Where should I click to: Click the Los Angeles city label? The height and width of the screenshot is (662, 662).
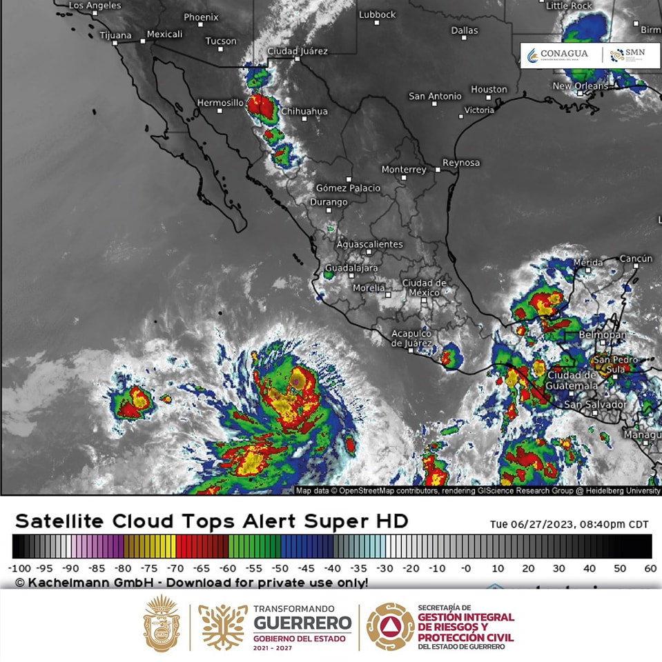click(x=95, y=6)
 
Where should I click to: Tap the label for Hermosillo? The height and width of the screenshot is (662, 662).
click(x=220, y=102)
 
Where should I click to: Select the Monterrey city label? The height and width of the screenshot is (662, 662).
click(x=404, y=170)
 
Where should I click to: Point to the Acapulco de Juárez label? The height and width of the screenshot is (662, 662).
click(x=411, y=338)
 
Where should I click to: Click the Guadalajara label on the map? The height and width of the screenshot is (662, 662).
click(x=351, y=268)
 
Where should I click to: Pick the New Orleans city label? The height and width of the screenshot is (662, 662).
click(x=581, y=86)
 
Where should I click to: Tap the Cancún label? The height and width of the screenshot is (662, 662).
click(x=636, y=259)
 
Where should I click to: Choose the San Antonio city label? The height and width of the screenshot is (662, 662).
click(x=435, y=97)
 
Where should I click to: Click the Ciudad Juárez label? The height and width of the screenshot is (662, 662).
click(x=298, y=51)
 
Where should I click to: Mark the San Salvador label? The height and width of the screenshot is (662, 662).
click(x=595, y=405)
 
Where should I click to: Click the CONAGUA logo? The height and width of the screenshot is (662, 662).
click(x=558, y=55)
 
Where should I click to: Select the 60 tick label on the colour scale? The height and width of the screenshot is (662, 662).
click(x=650, y=568)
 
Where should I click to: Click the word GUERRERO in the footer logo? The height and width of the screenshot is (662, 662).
click(x=302, y=624)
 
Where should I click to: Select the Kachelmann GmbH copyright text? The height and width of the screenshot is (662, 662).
click(x=191, y=583)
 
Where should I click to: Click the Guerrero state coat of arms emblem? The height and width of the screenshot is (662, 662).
click(x=161, y=624)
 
